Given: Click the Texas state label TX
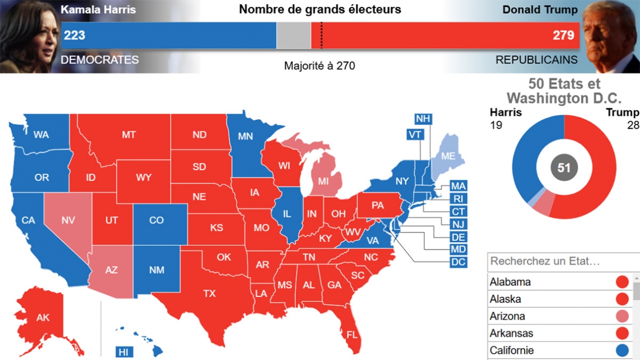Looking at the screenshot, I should click(209, 293).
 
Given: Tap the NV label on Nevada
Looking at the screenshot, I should click(68, 220).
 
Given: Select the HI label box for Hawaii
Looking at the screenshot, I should click(124, 352).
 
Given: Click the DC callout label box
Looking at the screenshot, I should click(458, 262).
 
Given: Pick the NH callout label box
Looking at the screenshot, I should click(423, 119).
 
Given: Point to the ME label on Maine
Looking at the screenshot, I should click(448, 157).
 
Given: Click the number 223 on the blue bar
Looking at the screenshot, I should click(75, 36).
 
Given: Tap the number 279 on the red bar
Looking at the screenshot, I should click(564, 36).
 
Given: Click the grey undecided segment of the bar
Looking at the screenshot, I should click(293, 36).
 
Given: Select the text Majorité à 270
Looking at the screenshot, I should click(319, 66).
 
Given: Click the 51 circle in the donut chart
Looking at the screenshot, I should click(564, 168).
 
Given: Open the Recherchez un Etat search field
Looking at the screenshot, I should click(560, 262).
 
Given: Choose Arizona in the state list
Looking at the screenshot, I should click(508, 316).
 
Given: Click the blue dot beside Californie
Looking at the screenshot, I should click(622, 351).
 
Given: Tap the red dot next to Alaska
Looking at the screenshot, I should click(622, 299).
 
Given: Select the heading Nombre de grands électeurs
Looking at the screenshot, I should click(320, 9).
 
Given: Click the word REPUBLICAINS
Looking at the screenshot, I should click(536, 60).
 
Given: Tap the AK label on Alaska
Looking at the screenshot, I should click(43, 317).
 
